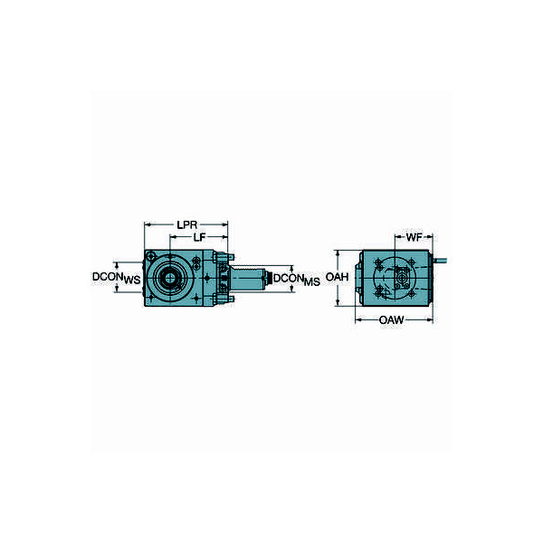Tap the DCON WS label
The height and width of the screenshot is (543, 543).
117,278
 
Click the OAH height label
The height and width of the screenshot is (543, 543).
337,276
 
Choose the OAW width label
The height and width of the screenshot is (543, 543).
392,319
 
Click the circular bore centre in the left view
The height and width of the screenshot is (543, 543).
169,276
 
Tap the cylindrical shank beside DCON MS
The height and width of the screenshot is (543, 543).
249,277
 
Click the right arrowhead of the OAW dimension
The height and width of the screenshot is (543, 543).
431,319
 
